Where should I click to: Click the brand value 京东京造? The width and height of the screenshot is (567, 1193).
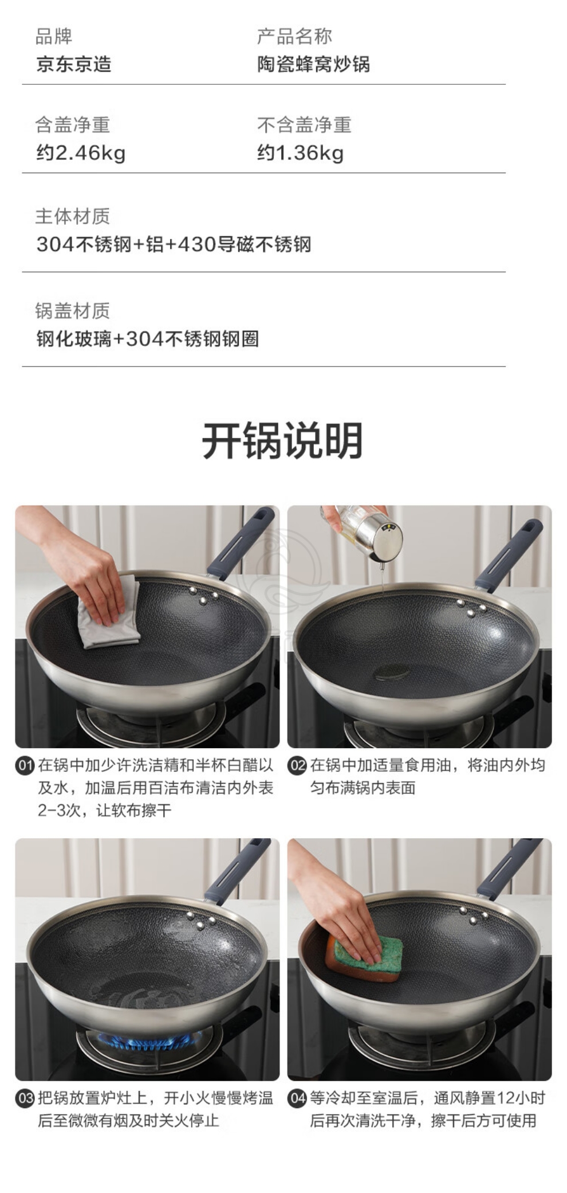[74, 64]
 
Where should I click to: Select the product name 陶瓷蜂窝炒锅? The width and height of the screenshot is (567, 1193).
[313, 64]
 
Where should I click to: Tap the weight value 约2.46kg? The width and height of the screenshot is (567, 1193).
[81, 153]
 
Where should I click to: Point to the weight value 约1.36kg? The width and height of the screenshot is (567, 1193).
[300, 153]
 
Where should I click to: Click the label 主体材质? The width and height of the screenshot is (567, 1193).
[72, 216]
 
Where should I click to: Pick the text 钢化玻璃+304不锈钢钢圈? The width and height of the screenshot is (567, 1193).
[148, 339]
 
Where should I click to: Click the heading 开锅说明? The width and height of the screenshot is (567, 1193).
[282, 440]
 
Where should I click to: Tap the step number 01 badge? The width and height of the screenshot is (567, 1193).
[25, 766]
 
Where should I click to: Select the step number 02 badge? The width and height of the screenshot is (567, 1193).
[297, 766]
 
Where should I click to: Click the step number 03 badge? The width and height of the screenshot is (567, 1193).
[25, 1098]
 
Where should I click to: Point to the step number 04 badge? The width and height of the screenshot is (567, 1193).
[297, 1098]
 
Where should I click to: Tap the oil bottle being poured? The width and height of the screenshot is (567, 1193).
[369, 530]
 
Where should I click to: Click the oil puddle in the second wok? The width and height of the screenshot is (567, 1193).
[392, 672]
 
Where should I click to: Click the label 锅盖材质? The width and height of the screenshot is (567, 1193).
[72, 311]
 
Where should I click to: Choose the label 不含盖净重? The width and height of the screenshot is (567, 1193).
[304, 124]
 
